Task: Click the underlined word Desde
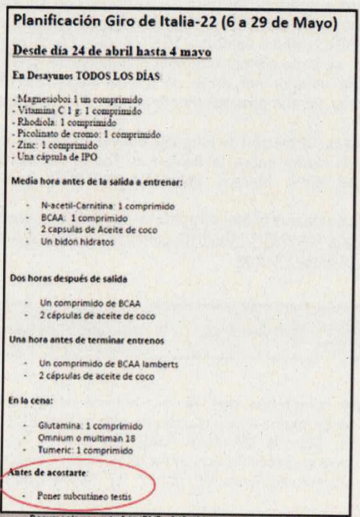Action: pos(28,52)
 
